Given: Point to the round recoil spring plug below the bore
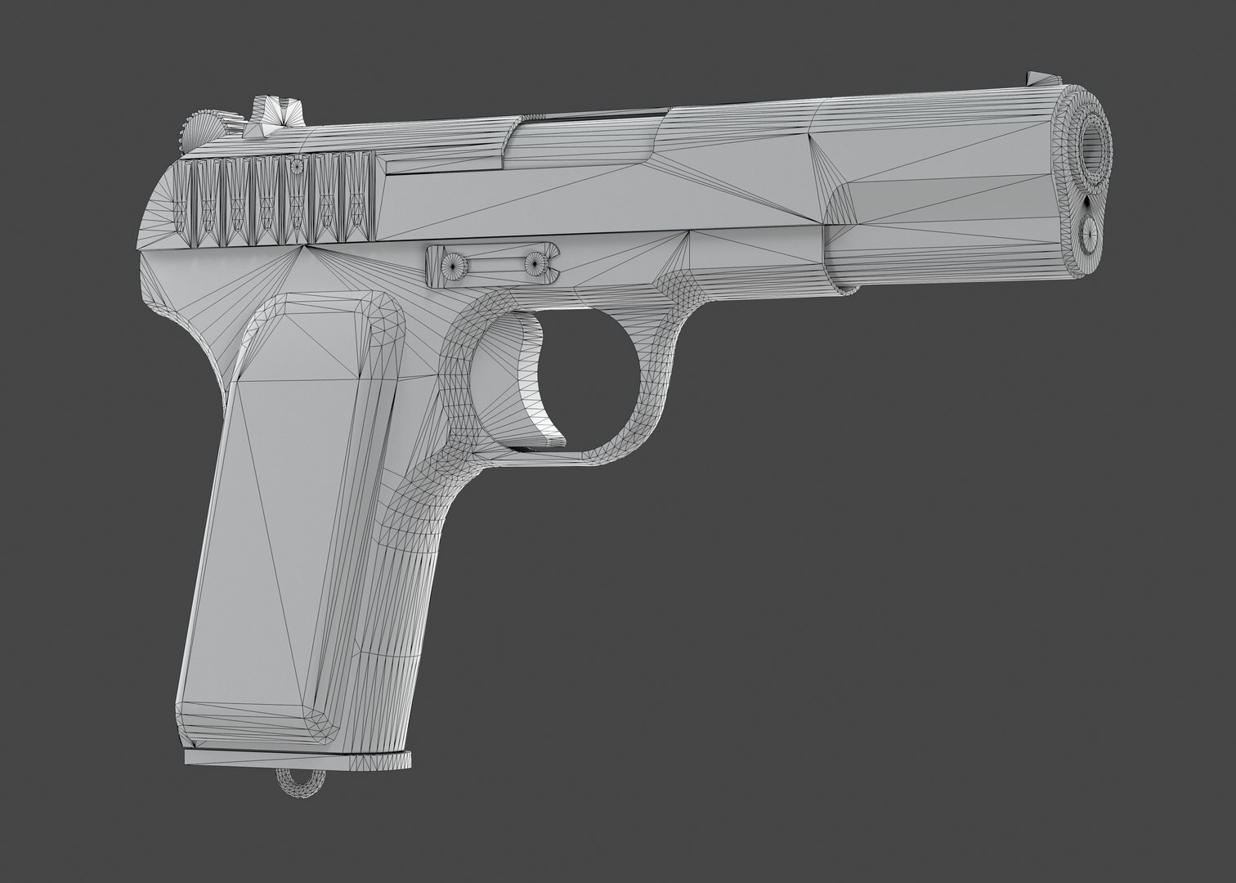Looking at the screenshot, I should (1090, 234).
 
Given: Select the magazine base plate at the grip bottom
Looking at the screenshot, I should (298, 758).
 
